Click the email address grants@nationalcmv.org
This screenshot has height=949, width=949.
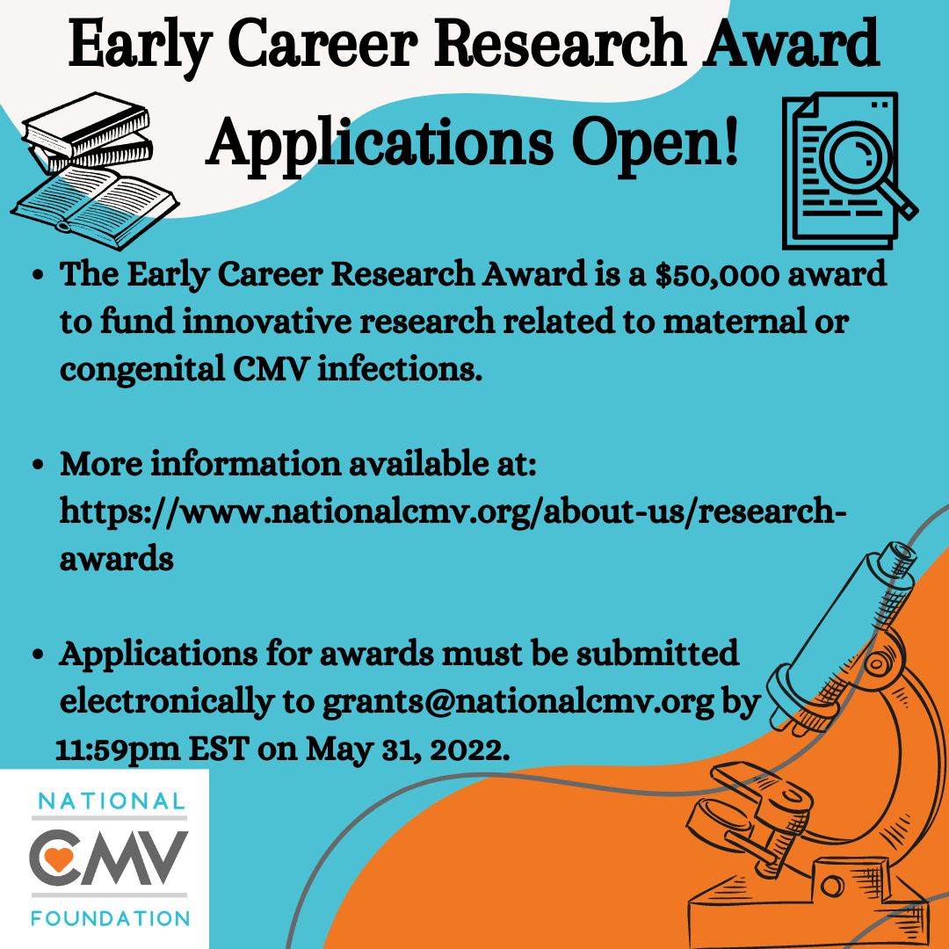518,705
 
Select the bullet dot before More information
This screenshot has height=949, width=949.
38,464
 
